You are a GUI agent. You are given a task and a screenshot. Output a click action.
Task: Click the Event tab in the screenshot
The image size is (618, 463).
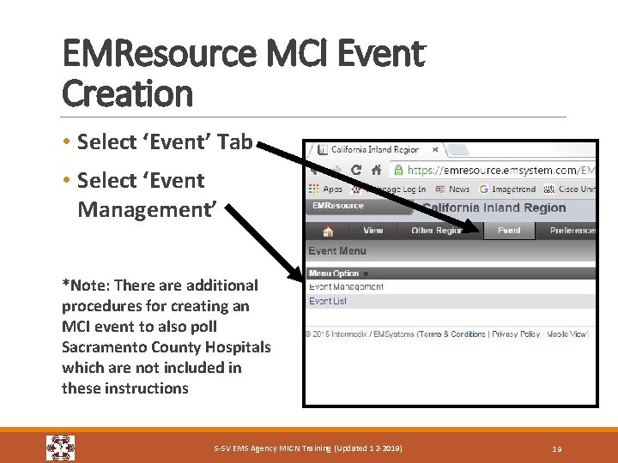tap(508, 231)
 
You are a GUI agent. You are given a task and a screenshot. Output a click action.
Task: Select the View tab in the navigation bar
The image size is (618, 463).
tap(373, 231)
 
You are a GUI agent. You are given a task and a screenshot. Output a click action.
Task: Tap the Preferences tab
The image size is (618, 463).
tap(573, 231)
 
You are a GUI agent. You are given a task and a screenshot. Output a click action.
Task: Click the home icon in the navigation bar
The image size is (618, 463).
tap(327, 231)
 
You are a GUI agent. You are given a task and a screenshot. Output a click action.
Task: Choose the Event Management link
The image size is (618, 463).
tap(346, 286)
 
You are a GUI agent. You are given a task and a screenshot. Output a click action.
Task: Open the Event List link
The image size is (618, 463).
tap(328, 301)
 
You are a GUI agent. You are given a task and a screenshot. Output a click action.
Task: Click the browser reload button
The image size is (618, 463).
tap(355, 170)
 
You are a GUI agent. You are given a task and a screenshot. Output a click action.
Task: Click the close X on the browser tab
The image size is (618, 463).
tap(435, 149)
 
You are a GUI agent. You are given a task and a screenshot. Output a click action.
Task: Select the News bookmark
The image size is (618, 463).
tap(454, 189)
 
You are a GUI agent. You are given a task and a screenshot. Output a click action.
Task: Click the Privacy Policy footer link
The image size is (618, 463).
tap(516, 334)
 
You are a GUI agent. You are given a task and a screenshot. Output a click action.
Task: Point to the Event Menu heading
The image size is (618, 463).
tap(337, 251)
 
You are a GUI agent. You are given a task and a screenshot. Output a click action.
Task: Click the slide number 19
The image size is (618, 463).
tap(557, 448)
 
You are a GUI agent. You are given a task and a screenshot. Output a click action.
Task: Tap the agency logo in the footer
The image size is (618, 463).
tap(60, 448)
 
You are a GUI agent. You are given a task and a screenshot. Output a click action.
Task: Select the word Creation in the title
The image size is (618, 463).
tap(128, 93)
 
